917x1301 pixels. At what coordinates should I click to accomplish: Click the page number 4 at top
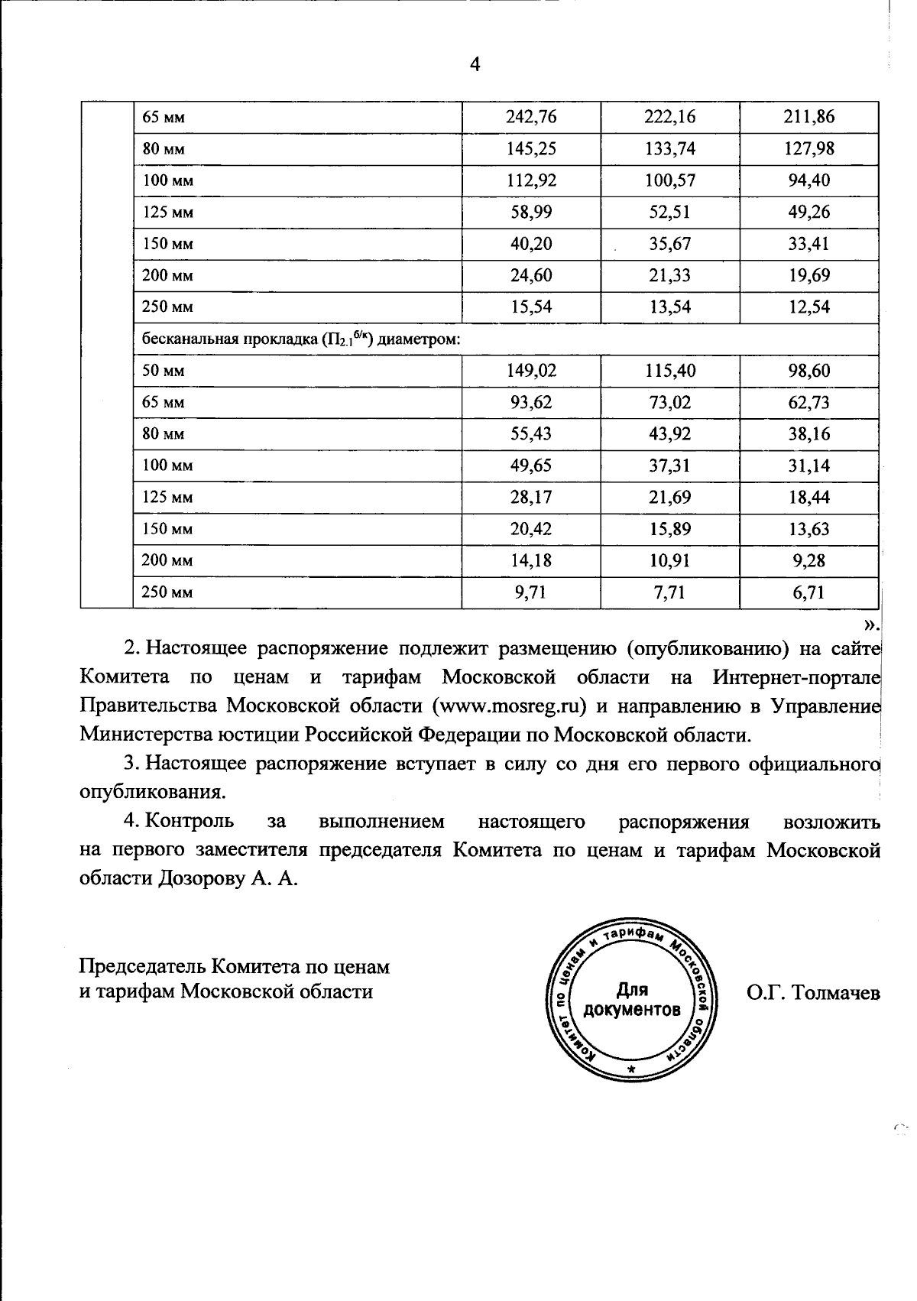pyautogui.click(x=475, y=65)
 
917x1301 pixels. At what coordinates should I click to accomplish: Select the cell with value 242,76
pyautogui.click(x=531, y=117)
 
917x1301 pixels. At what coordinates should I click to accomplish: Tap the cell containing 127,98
pyautogui.click(x=809, y=148)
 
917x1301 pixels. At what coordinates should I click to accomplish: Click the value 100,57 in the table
pyautogui.click(x=670, y=180)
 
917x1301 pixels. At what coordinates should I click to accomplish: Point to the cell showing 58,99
pyautogui.click(x=531, y=212)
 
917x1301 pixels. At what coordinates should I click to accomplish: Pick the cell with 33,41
pyautogui.click(x=809, y=244)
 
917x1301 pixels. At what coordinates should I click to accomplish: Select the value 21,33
pyautogui.click(x=670, y=275)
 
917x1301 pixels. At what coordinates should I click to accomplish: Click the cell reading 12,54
pyautogui.click(x=809, y=307)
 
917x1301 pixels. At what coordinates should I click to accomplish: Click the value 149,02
pyautogui.click(x=531, y=371)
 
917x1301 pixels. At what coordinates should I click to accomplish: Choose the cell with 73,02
pyautogui.click(x=670, y=402)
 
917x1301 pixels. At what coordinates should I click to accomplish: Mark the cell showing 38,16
pyautogui.click(x=809, y=434)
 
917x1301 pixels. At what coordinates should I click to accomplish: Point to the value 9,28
pyautogui.click(x=809, y=560)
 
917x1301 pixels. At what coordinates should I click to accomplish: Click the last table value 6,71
pyautogui.click(x=809, y=592)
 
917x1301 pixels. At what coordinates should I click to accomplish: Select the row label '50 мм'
pyautogui.click(x=163, y=371)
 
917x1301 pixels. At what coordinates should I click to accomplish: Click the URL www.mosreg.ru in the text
pyautogui.click(x=509, y=705)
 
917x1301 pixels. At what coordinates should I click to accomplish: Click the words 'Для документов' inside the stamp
pyautogui.click(x=631, y=1001)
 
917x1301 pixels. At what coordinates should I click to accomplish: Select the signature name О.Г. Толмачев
pyautogui.click(x=813, y=993)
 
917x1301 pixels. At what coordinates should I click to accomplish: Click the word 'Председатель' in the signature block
pyautogui.click(x=142, y=967)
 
